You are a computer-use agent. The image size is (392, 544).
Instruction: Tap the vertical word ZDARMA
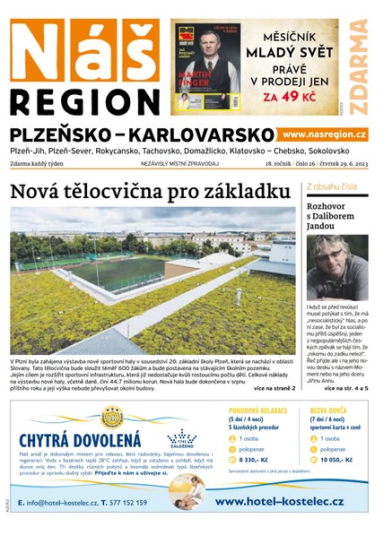click(358, 66)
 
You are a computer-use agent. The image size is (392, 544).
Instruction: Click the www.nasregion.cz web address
click(325, 134)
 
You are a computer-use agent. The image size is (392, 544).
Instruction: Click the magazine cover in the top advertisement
click(207, 66)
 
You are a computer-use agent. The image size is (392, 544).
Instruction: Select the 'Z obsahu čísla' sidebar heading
click(333, 187)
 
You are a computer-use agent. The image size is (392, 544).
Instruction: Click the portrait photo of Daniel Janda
click(337, 267)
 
